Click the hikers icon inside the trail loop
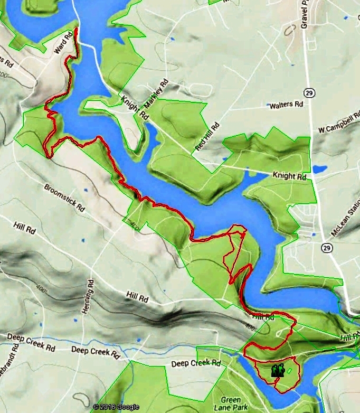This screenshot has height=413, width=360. click(x=278, y=371)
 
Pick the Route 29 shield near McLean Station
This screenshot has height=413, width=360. click(x=326, y=248)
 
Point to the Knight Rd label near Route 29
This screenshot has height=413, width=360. click(x=289, y=175)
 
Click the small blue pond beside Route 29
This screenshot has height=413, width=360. click(x=319, y=170)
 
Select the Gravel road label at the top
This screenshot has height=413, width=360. click(x=305, y=13)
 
